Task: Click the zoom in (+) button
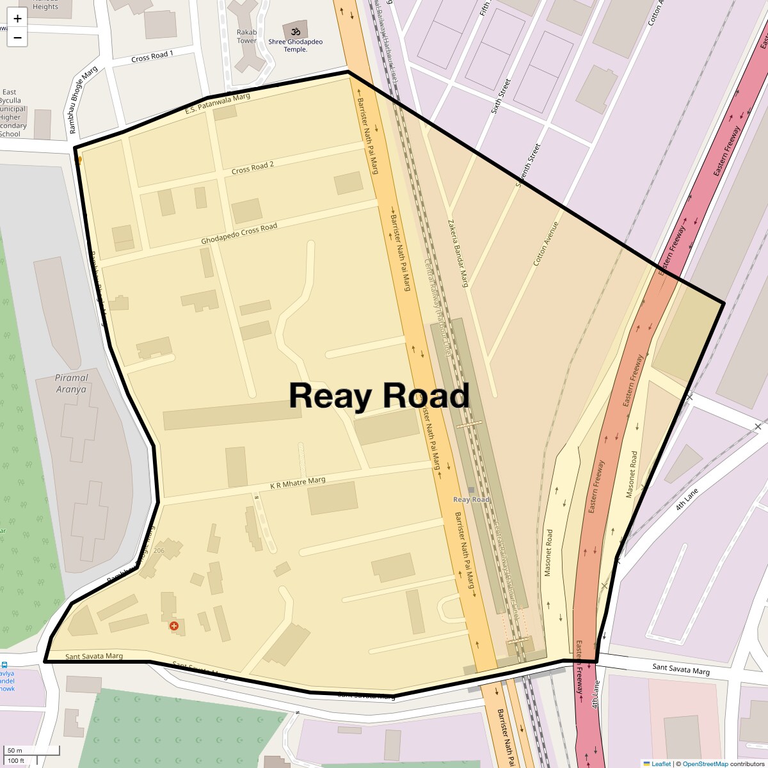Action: pos(17,19)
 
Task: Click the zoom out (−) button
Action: pos(17,38)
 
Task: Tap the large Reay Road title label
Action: pos(379,396)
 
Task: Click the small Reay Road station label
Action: pos(471,500)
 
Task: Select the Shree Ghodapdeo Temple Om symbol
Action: pos(296,31)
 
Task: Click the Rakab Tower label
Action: pos(246,36)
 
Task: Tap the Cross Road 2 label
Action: pos(253,168)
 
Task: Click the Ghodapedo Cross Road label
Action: pos(239,234)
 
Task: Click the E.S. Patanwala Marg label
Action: pos(218,104)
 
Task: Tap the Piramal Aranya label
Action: pos(71,383)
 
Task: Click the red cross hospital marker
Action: pos(173,625)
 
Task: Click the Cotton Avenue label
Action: pos(546,244)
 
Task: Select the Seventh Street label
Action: pos(528,165)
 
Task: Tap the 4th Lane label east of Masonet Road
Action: pos(687,499)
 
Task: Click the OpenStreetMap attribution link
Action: pos(705,764)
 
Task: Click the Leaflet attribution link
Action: pos(661,764)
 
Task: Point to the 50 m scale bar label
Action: pos(15,750)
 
